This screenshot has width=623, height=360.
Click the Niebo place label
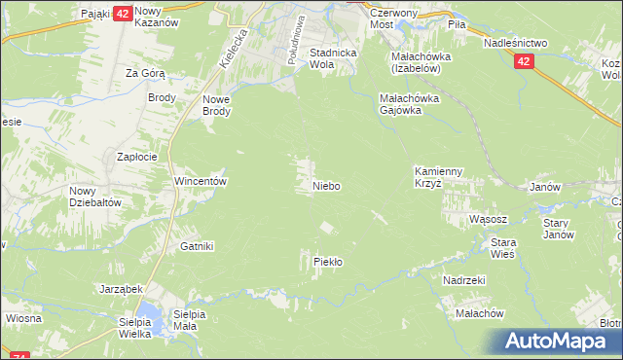326,186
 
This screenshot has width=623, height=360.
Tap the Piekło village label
327,262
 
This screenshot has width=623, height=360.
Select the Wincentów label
200,182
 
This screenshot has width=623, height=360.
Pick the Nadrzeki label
463,280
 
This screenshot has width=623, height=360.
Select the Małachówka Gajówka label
410,104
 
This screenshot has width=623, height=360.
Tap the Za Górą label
145,73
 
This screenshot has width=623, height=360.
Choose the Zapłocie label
137,157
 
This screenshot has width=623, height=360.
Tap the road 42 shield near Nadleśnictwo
525,61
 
